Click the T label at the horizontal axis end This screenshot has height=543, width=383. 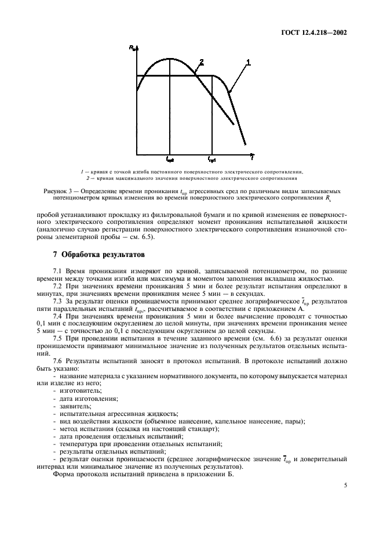point(251,157)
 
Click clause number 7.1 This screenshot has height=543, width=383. point(57,271)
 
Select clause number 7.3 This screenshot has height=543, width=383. point(57,302)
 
